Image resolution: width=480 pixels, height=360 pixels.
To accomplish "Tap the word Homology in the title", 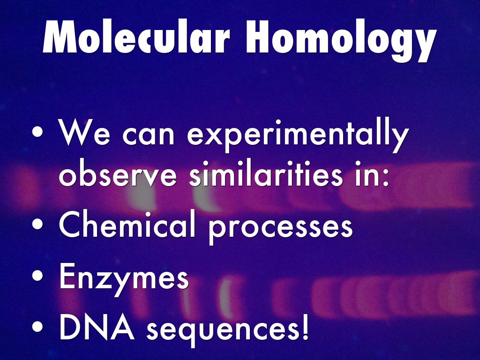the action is coord(342,41).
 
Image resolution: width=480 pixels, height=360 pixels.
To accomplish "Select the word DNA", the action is coord(97,326).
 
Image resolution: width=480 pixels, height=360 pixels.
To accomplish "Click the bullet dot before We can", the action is coord(37,132).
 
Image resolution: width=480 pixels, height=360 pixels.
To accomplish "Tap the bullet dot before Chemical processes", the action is coord(37,224).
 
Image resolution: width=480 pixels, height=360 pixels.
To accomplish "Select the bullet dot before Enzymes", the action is coord(37,276).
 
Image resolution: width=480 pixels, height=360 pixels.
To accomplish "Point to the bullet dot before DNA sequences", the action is coord(37,326).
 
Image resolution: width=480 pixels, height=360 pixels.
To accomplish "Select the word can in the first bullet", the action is coord(149,136).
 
